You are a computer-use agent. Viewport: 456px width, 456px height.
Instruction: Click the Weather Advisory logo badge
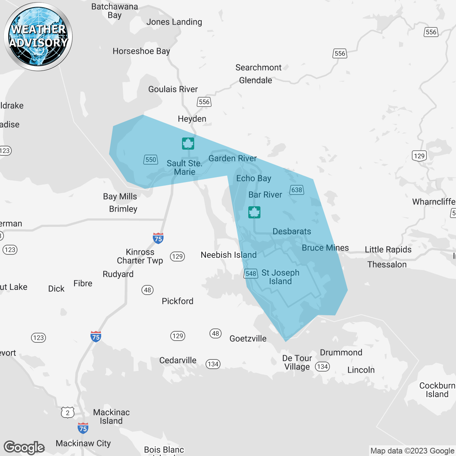[x=38, y=37]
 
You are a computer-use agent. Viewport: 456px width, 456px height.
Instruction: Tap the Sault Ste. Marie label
[x=185, y=167]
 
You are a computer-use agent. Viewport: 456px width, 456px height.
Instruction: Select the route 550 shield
[x=151, y=160]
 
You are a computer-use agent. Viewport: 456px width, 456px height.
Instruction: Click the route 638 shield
[x=297, y=190]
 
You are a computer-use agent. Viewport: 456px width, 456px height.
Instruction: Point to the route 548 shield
[x=251, y=274]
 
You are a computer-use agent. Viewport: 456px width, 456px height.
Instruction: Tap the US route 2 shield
[x=68, y=413]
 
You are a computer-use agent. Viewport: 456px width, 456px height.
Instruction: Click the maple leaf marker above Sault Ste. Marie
[x=188, y=144]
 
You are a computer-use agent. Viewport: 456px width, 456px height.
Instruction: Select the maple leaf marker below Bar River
[x=254, y=212]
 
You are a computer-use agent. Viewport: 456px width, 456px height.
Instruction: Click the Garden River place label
[x=233, y=158]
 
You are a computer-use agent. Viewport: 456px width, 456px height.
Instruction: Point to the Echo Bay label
[x=254, y=178]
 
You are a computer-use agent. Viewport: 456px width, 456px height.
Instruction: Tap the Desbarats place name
[x=292, y=231]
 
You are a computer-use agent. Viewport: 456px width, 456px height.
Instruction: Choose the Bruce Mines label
[x=325, y=248]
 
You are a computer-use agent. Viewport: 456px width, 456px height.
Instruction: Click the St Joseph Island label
[x=280, y=277]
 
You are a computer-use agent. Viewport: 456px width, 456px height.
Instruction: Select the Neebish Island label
[x=229, y=255]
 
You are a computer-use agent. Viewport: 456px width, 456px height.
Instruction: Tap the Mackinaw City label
[x=83, y=443]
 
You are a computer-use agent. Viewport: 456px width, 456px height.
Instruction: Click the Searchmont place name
[x=258, y=67]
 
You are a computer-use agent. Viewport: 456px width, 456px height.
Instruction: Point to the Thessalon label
[x=387, y=264]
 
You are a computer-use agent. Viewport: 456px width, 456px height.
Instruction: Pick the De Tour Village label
[x=297, y=362]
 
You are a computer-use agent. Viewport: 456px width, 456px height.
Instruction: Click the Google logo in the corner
[x=24, y=447]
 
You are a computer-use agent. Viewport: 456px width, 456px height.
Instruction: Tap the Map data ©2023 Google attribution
[x=412, y=451]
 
